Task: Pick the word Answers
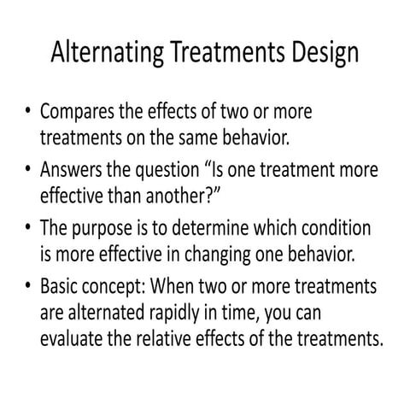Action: click(x=75, y=168)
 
